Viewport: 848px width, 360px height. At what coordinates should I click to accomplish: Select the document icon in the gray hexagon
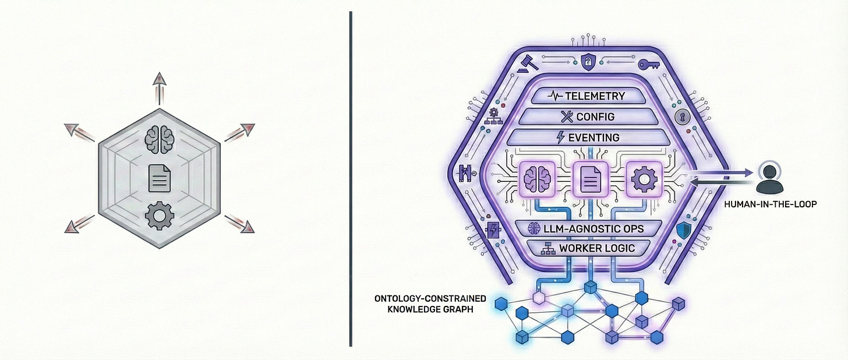pos(159,178)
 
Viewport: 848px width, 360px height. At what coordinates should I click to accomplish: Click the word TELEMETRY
pos(596,96)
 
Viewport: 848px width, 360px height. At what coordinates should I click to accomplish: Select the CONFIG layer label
pos(595,117)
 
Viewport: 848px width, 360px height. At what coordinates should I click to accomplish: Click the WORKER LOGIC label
pos(596,248)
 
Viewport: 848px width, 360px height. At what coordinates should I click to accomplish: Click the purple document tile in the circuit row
pos(590,178)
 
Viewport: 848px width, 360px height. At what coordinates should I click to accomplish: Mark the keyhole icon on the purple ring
pos(682,117)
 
